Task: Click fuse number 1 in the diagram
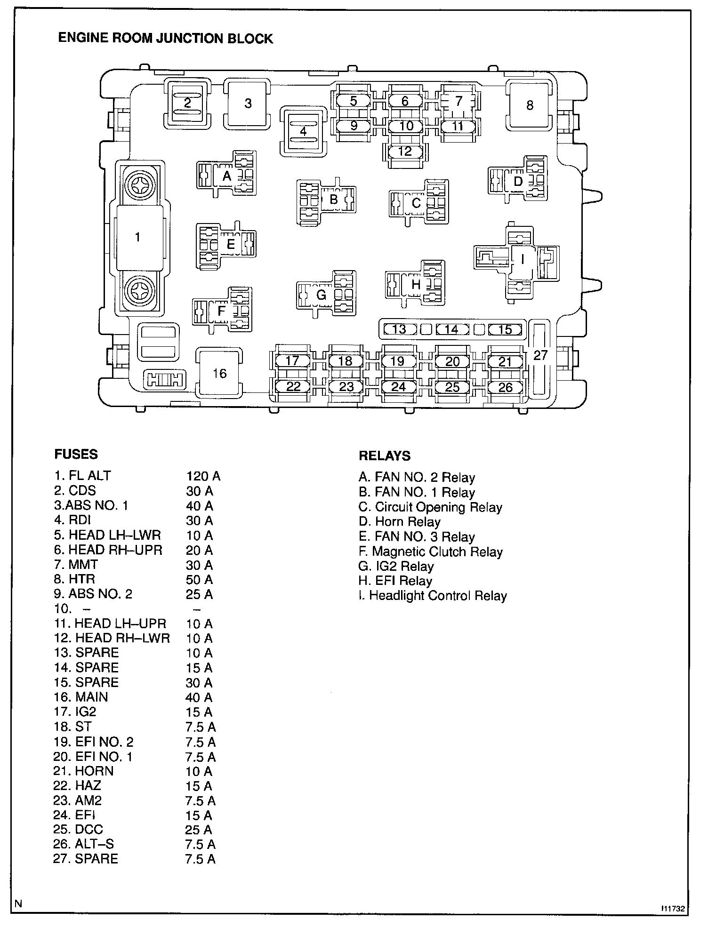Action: pyautogui.click(x=137, y=237)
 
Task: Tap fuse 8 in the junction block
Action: pyautogui.click(x=530, y=105)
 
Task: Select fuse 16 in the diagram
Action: pyautogui.click(x=219, y=373)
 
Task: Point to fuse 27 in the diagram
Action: pyautogui.click(x=540, y=355)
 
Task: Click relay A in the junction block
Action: pyautogui.click(x=227, y=176)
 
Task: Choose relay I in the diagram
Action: pyautogui.click(x=522, y=258)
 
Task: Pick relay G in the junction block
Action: pyautogui.click(x=322, y=295)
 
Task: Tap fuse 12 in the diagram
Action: pyautogui.click(x=405, y=152)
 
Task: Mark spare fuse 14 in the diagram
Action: pyautogui.click(x=451, y=329)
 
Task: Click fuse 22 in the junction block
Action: pyautogui.click(x=293, y=386)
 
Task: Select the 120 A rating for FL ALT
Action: pyautogui.click(x=203, y=476)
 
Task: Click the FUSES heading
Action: pyautogui.click(x=76, y=455)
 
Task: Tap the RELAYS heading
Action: pyautogui.click(x=384, y=456)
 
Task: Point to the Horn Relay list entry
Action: pyautogui.click(x=400, y=522)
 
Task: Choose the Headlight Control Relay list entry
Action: pyautogui.click(x=433, y=596)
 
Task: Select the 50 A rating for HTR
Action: pyautogui.click(x=199, y=580)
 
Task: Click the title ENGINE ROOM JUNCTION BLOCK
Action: pyautogui.click(x=165, y=38)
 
